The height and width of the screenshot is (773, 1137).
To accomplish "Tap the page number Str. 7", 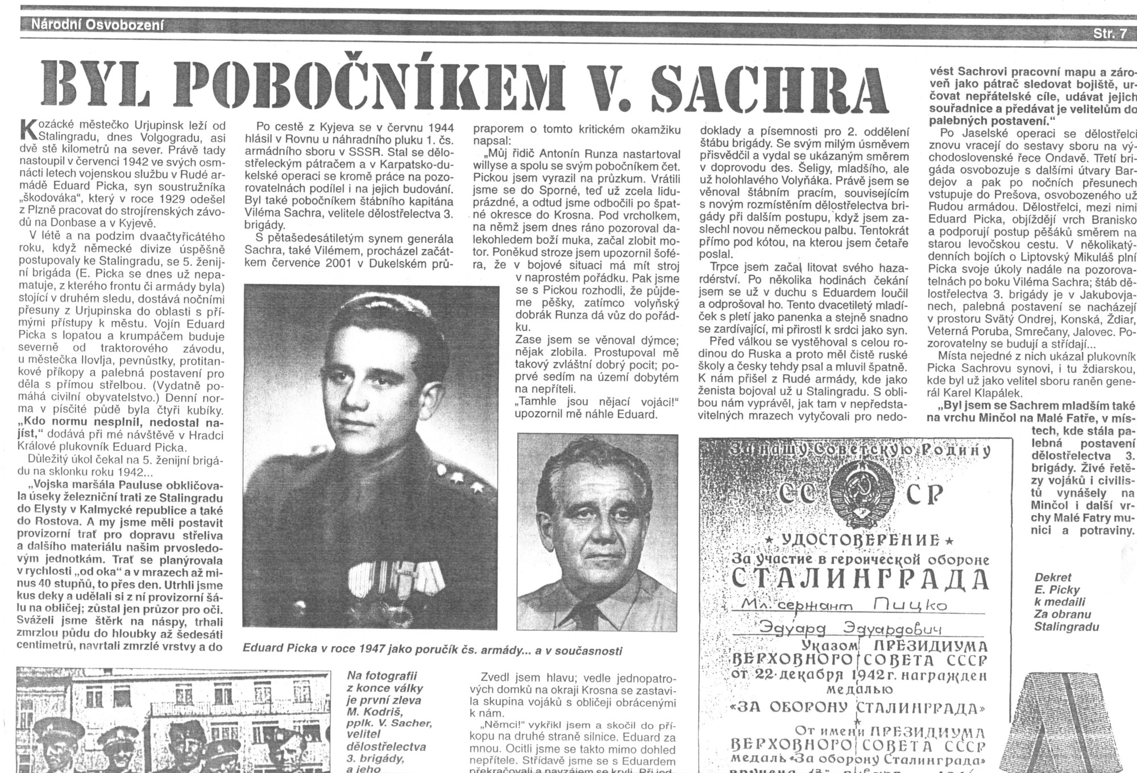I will [x=1109, y=34].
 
